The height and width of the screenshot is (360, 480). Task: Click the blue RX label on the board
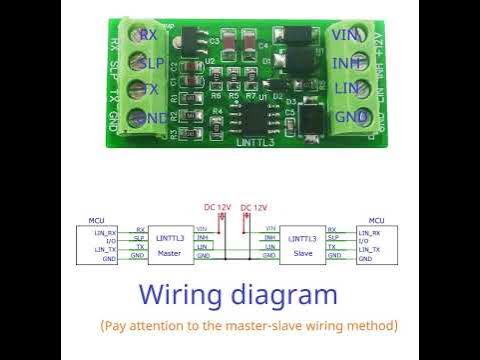149,35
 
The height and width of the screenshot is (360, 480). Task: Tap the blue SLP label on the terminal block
151,62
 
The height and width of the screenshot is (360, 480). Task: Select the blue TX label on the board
149,90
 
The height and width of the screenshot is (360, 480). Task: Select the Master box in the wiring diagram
169,244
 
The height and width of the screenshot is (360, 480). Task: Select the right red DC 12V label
254,207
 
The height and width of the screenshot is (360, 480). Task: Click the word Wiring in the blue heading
185,296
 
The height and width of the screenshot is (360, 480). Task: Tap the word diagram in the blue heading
287,296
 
